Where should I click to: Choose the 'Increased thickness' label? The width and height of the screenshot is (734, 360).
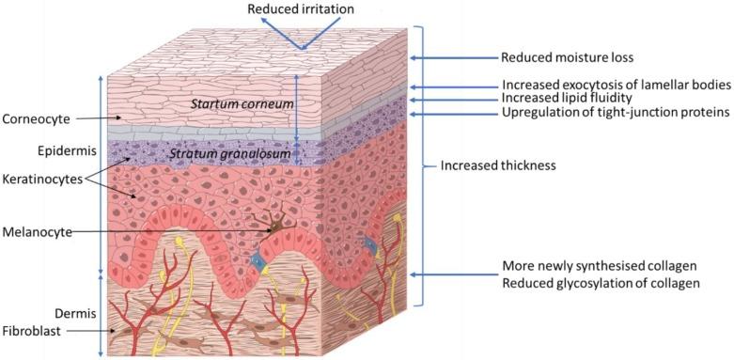pyautogui.click(x=498, y=166)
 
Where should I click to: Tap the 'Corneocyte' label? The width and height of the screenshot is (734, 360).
pyautogui.click(x=35, y=119)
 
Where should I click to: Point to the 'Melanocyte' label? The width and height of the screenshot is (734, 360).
pyautogui.click(x=37, y=230)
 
